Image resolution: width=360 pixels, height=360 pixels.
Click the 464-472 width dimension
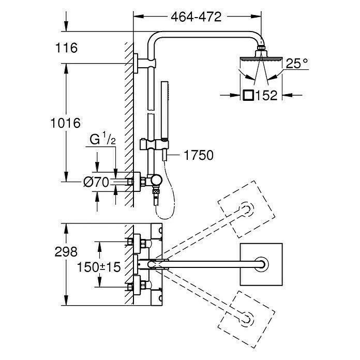pyautogui.click(x=196, y=17)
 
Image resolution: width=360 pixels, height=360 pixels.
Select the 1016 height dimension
pyautogui.click(x=66, y=123)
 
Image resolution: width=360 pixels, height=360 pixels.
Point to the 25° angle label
pyautogui.click(x=297, y=64)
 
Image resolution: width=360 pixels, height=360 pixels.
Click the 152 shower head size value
pyautogui.click(x=266, y=95)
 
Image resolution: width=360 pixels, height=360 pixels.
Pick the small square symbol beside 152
pyautogui.click(x=248, y=95)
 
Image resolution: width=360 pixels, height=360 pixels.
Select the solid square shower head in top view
pyautogui.click(x=262, y=264)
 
